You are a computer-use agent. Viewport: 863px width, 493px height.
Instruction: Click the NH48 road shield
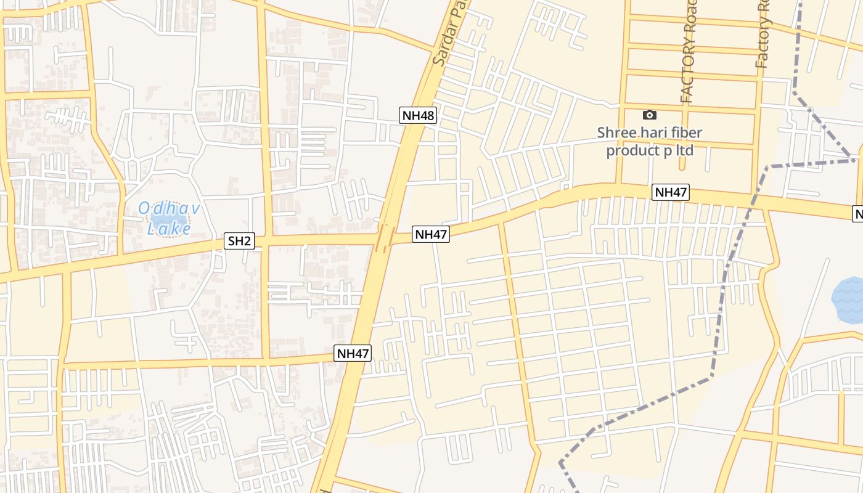click(x=418, y=115)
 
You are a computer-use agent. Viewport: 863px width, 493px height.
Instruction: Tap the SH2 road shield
click(x=239, y=241)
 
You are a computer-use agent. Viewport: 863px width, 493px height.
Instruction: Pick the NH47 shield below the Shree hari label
click(x=671, y=192)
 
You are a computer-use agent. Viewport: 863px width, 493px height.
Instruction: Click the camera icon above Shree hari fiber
click(x=649, y=115)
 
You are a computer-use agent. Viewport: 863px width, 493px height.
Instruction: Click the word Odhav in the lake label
click(x=168, y=209)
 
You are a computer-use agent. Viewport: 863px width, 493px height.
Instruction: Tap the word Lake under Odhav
click(x=169, y=229)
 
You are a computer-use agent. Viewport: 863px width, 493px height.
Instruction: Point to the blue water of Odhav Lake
click(x=162, y=218)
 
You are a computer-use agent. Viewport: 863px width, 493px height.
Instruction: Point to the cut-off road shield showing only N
click(x=858, y=214)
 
